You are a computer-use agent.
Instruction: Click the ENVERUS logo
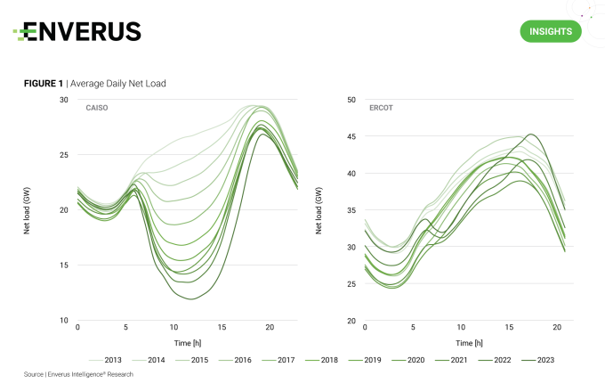click(x=77, y=32)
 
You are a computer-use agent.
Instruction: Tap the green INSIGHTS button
click(x=550, y=32)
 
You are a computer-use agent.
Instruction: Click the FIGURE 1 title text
click(x=95, y=83)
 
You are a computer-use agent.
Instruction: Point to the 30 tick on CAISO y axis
click(x=63, y=100)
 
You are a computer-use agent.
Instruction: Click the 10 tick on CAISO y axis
click(x=63, y=321)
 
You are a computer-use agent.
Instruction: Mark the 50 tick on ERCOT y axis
click(x=351, y=100)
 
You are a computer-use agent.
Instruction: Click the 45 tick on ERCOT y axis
click(x=351, y=136)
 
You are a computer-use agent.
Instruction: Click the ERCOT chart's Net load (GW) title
click(x=319, y=210)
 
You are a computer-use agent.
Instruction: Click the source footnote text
click(x=78, y=374)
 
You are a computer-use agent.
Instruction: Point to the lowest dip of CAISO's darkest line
click(x=191, y=298)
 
